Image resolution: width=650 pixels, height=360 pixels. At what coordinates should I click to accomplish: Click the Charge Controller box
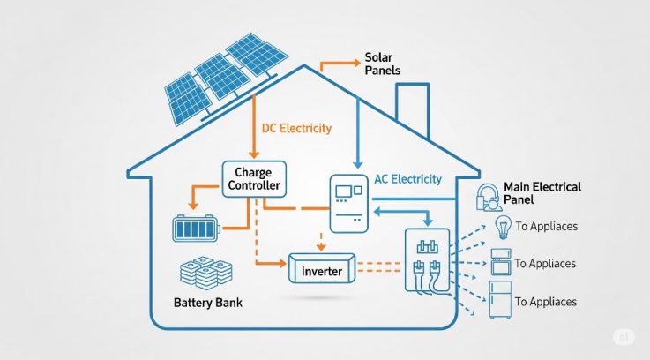click(x=254, y=179)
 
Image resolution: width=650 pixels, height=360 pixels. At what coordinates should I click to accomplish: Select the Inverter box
click(x=322, y=268)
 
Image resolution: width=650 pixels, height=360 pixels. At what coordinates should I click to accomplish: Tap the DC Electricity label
click(x=296, y=128)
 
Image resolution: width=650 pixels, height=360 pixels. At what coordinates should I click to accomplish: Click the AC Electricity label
click(x=408, y=179)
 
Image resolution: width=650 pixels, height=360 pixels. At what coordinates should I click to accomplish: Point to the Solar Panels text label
click(x=382, y=64)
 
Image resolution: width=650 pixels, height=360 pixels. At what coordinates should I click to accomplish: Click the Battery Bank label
click(x=207, y=303)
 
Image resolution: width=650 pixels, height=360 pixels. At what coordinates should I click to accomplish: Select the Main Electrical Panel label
click(x=542, y=193)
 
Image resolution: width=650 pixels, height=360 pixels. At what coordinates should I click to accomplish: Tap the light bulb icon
click(x=503, y=228)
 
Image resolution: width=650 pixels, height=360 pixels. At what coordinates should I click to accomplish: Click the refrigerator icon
click(x=500, y=299)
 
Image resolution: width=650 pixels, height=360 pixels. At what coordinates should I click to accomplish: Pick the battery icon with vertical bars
click(x=196, y=229)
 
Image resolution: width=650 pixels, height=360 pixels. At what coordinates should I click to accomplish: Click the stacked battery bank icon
click(x=206, y=273)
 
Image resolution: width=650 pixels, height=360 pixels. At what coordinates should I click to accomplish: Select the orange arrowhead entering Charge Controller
click(x=254, y=154)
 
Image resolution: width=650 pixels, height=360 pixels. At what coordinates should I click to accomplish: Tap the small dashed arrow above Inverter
click(x=321, y=242)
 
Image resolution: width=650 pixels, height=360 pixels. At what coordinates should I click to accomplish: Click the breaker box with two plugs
click(x=428, y=260)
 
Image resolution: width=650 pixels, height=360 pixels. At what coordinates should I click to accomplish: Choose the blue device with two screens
click(x=348, y=204)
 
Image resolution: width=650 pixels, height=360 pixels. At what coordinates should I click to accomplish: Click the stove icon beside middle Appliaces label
click(x=501, y=262)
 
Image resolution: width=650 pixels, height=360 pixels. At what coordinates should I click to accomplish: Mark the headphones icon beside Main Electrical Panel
click(x=488, y=198)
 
